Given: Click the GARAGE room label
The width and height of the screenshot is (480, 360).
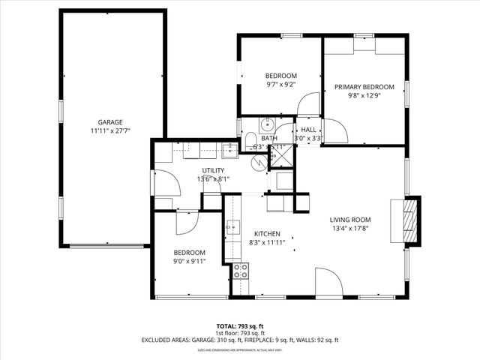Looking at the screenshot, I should [x=110, y=122].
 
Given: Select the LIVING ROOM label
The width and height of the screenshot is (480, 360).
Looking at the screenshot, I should [x=349, y=220].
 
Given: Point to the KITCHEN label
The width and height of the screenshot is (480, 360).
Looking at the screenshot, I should [x=267, y=233].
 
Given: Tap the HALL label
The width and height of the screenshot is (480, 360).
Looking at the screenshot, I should [x=308, y=130].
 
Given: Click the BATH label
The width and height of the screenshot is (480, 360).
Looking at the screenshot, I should [x=269, y=139].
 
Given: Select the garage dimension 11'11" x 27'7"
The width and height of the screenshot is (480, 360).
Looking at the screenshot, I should [x=110, y=131].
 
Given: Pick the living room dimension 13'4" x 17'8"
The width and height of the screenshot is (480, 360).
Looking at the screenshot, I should [x=349, y=229].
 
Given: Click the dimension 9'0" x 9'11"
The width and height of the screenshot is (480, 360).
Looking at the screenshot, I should [x=190, y=262].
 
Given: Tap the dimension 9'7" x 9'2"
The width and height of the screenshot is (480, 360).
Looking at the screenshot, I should [x=281, y=85].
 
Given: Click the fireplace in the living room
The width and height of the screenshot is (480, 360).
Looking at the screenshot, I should [x=410, y=220].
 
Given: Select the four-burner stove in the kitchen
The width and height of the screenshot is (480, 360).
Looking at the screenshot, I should [x=241, y=271].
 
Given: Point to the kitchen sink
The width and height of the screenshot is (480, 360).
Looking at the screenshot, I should [x=232, y=226].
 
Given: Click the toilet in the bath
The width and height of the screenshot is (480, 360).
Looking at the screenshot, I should [x=249, y=142].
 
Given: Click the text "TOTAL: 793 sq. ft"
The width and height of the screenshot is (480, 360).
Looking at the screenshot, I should [x=240, y=326].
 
